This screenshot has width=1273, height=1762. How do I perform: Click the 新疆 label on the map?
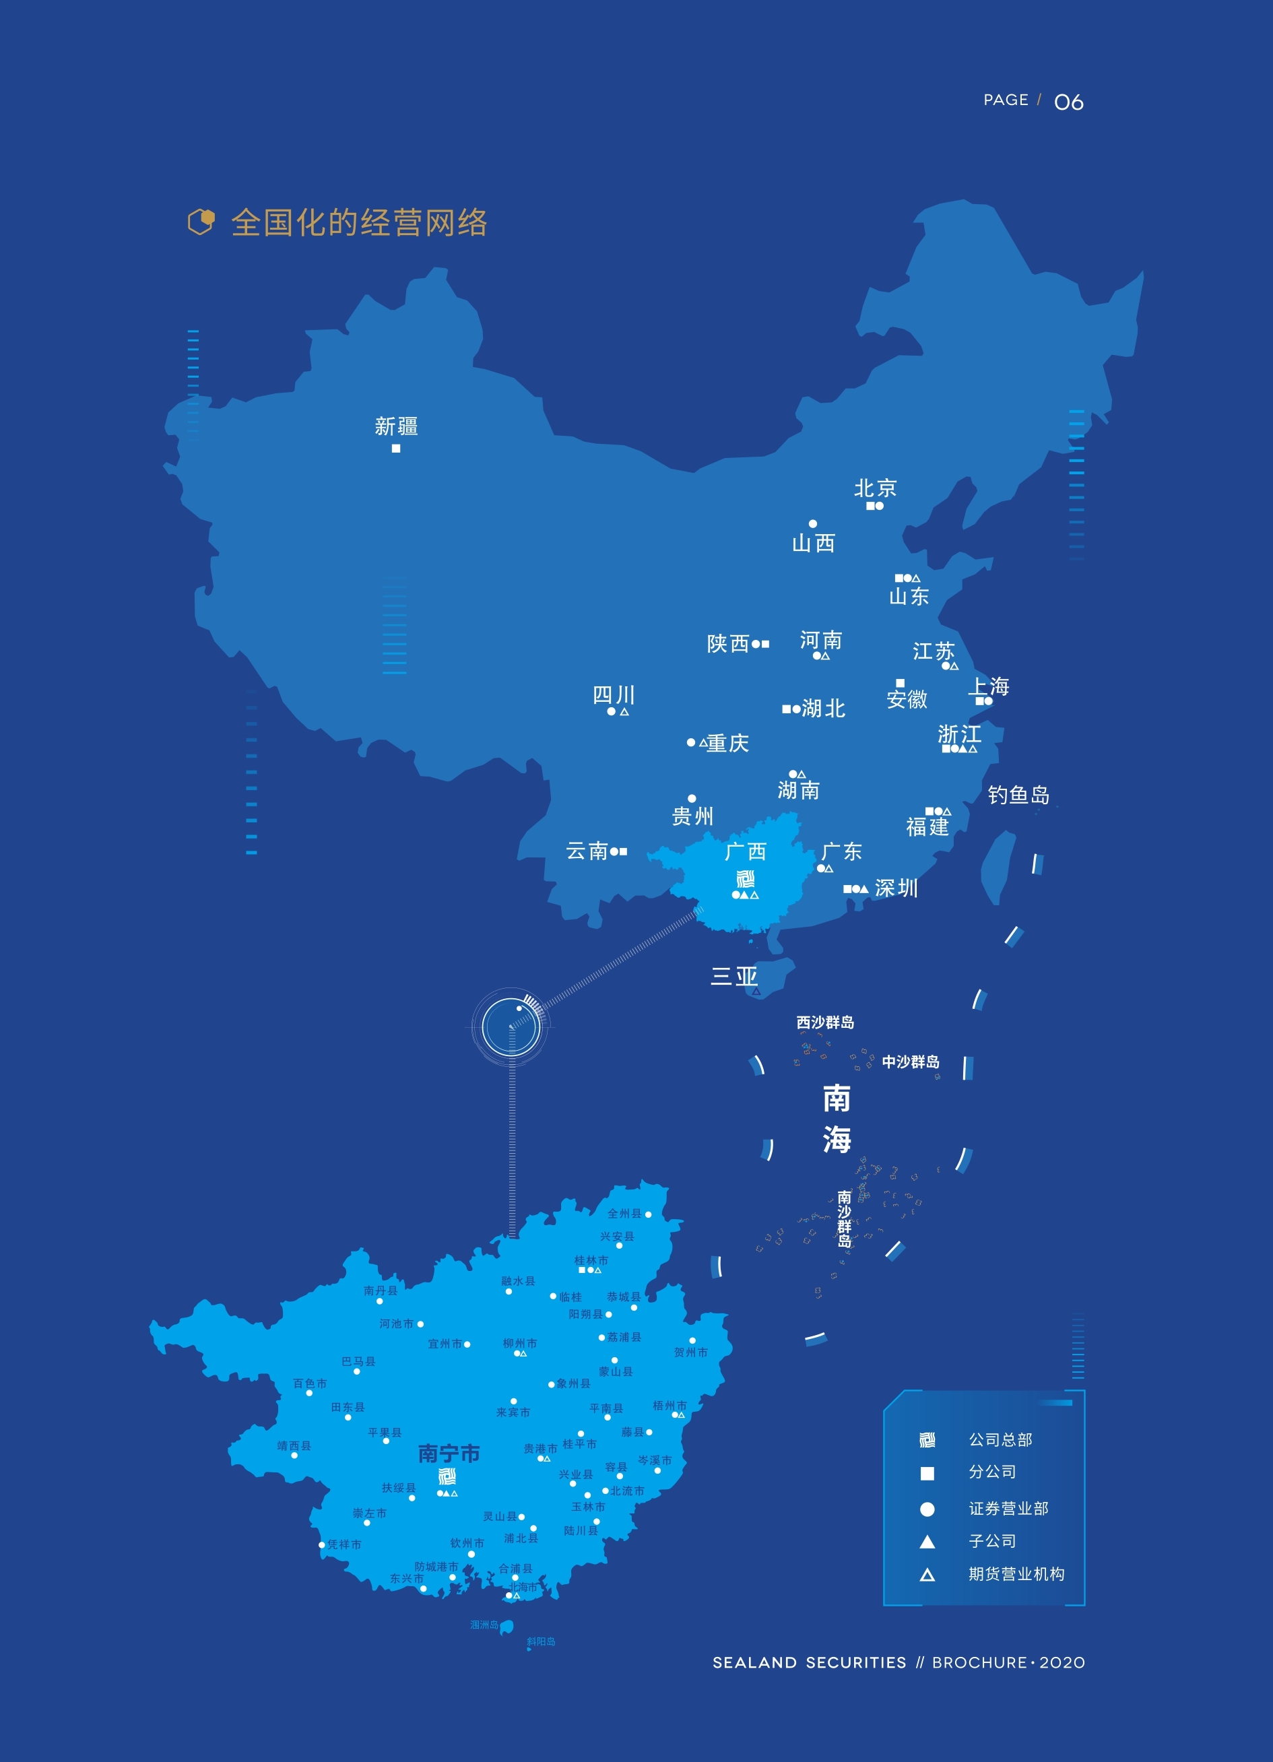coord(396,426)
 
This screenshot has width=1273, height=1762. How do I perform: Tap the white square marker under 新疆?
coord(396,449)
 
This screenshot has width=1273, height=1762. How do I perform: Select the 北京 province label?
coord(876,488)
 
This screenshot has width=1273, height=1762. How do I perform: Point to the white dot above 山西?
coord(812,523)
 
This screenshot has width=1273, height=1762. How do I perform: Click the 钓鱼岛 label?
coord(1018,795)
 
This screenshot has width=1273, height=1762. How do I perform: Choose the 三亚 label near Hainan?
coord(734,976)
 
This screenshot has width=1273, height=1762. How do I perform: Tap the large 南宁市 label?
coord(449,1453)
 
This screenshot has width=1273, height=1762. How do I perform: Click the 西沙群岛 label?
coord(825,1022)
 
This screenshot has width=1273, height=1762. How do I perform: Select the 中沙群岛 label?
coord(910,1062)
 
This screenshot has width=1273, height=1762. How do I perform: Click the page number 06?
coord(1069,102)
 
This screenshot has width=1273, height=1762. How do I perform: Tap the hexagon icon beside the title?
coord(201,222)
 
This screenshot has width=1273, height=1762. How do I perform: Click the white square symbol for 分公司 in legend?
coord(927,1473)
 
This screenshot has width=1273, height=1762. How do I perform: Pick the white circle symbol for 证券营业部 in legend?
coord(927,1509)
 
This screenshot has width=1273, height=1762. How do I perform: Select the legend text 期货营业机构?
coord(1016,1574)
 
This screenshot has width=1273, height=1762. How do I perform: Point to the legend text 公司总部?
coord(1000,1439)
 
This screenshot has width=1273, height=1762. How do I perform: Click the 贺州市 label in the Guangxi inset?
coord(690,1352)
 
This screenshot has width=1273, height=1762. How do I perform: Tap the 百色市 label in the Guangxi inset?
coord(310,1383)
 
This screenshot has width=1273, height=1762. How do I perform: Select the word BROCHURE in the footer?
coord(979,1662)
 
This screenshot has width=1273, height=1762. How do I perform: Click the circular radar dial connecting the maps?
coord(511,1026)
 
